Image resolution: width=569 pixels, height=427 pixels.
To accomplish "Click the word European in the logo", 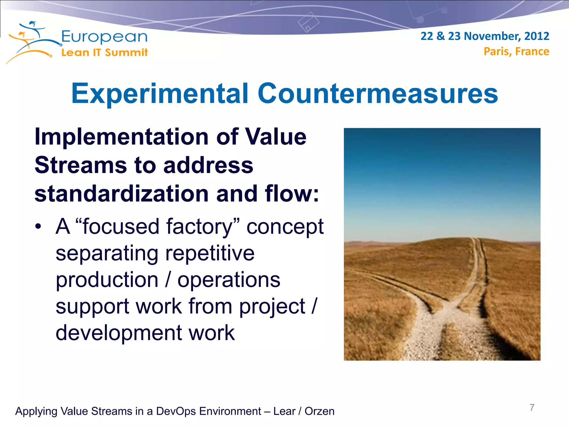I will pyautogui.click(x=104, y=37).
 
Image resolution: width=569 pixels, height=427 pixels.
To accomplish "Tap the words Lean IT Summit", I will pyautogui.click(x=104, y=52).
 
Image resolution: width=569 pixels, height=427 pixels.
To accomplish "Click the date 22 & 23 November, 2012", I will pyautogui.click(x=485, y=36).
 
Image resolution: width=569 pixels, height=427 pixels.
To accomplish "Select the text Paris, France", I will pyautogui.click(x=516, y=51).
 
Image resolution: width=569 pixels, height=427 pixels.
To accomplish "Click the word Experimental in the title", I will pyautogui.click(x=160, y=94).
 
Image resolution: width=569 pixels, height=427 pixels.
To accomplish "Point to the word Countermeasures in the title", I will pyautogui.click(x=378, y=94).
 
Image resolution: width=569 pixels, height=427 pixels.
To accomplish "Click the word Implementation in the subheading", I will pyautogui.click(x=121, y=137).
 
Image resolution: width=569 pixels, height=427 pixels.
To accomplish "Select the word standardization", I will pyautogui.click(x=121, y=194).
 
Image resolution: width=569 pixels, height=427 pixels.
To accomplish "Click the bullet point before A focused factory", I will pyautogui.click(x=38, y=227).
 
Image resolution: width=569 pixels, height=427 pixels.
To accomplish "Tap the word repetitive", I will pyautogui.click(x=210, y=253).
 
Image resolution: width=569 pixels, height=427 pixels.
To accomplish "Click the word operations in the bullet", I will pyautogui.click(x=229, y=280).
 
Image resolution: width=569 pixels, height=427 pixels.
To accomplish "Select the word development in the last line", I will pyautogui.click(x=119, y=333).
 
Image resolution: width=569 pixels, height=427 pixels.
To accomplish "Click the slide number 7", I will pyautogui.click(x=532, y=408).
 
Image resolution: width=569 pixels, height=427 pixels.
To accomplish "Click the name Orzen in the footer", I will pyautogui.click(x=319, y=411).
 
